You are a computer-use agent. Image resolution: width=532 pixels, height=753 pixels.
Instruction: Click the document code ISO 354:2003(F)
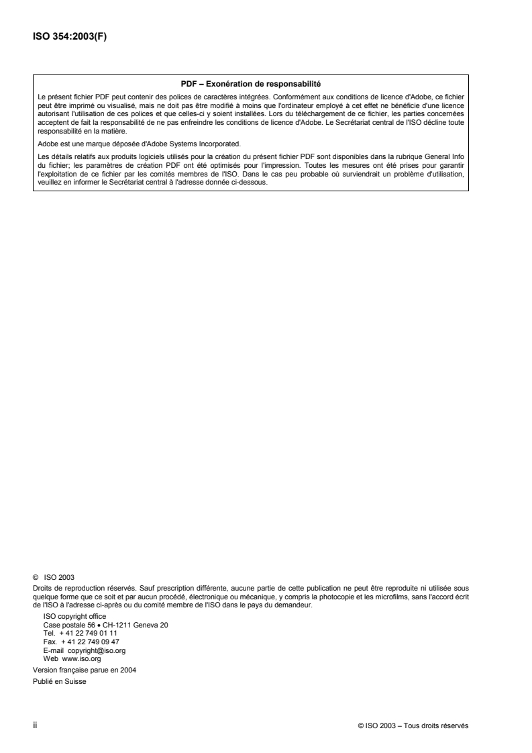(70, 37)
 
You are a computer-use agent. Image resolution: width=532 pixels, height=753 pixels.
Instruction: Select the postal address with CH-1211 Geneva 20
(105, 624)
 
